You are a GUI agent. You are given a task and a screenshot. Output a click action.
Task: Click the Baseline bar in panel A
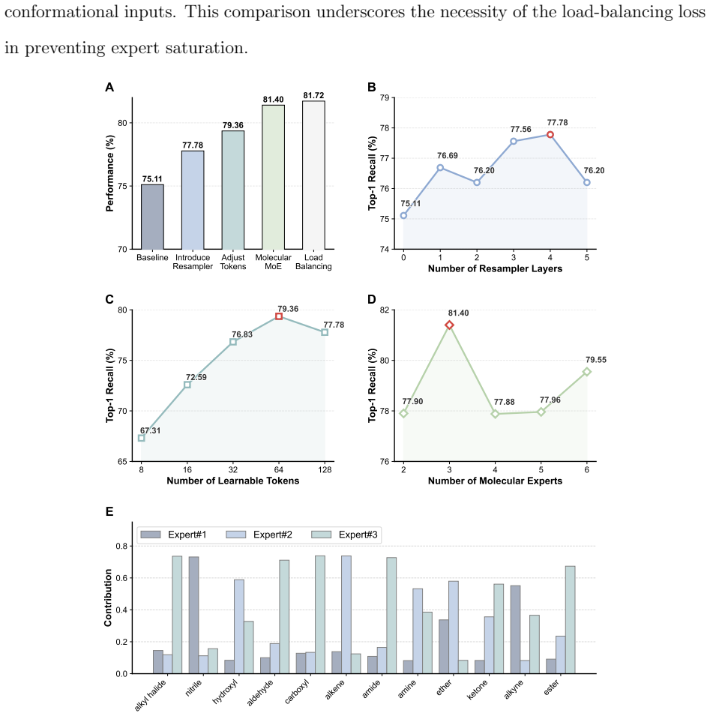[x=152, y=217]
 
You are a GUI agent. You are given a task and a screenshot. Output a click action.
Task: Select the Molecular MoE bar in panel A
[x=273, y=177]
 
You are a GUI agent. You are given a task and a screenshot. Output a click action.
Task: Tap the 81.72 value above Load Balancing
[x=313, y=95]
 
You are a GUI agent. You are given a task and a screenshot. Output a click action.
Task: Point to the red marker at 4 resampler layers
[x=550, y=135]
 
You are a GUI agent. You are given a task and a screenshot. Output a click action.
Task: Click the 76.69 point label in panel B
[x=447, y=156]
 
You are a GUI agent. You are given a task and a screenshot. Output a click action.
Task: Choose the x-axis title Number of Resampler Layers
[x=495, y=268]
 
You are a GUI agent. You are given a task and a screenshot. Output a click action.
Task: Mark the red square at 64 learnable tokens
[x=279, y=316]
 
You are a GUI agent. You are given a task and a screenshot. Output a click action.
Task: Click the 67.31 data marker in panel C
[x=142, y=438]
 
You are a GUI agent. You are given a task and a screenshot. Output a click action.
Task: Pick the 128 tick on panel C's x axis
[x=325, y=470]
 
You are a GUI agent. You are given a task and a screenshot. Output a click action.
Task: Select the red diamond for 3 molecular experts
[x=449, y=325]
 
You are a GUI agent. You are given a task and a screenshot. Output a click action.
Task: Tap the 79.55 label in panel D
[x=596, y=360]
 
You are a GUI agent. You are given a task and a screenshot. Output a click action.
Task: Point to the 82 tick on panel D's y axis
[x=385, y=310]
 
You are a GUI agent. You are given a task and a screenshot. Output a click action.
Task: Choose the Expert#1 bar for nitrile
[x=193, y=615]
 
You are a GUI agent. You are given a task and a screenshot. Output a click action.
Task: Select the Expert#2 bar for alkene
[x=346, y=615]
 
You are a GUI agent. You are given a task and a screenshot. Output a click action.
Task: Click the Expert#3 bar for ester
[x=571, y=619]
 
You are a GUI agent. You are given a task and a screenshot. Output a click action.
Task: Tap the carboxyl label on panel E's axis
[x=298, y=691]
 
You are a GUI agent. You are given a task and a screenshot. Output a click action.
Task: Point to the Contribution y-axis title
[x=108, y=598]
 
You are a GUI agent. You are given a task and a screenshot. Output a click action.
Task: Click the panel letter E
[x=109, y=511]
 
